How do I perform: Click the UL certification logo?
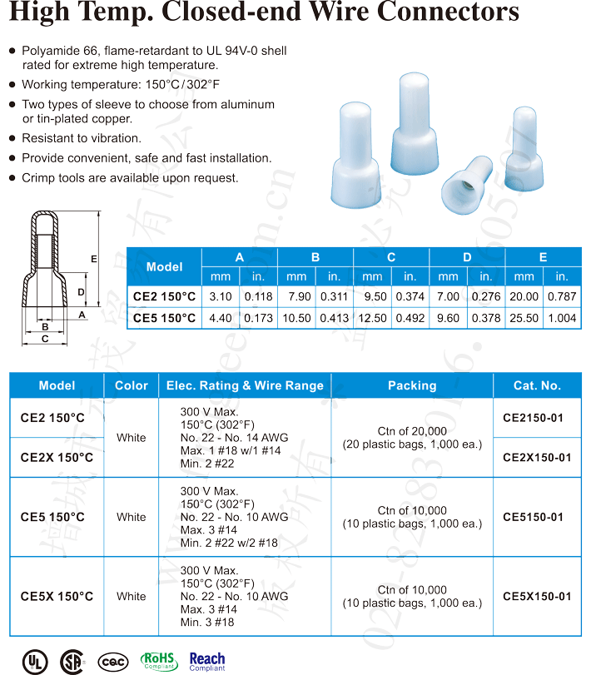click(x=35, y=661)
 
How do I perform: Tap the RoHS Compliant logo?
click(x=159, y=661)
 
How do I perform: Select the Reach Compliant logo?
click(x=207, y=661)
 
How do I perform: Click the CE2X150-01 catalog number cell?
click(x=537, y=458)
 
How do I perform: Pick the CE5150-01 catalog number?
click(x=533, y=517)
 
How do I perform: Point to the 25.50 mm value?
click(x=524, y=318)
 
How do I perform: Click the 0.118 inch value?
click(x=258, y=296)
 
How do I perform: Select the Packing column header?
click(x=412, y=385)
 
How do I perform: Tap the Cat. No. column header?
click(x=537, y=385)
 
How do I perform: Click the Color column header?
click(x=131, y=385)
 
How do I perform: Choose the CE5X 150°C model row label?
click(x=57, y=597)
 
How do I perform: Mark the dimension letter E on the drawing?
click(x=94, y=260)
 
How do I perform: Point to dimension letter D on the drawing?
click(x=81, y=292)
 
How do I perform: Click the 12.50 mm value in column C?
click(x=372, y=318)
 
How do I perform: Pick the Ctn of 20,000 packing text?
click(x=412, y=431)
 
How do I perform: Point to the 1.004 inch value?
click(x=562, y=318)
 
